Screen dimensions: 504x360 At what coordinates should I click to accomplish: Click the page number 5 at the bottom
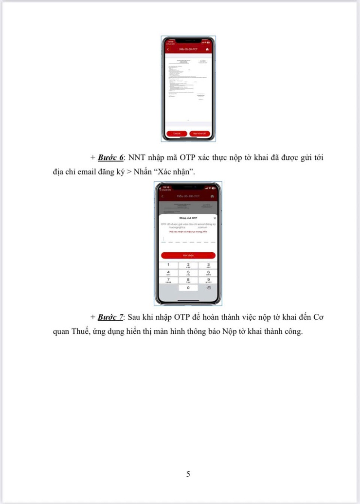coord(188,474)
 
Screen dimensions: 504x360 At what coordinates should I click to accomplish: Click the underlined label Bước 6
coord(111,158)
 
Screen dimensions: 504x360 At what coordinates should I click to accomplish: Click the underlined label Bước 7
coord(111,317)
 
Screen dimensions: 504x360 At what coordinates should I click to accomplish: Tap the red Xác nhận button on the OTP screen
coord(188,255)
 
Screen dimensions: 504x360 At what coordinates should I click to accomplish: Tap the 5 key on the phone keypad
coord(188,273)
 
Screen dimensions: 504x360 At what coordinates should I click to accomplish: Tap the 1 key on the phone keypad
coord(168,264)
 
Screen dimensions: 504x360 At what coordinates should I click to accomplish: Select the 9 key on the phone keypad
coord(208,280)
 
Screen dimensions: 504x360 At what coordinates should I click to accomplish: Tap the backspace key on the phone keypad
coord(208,288)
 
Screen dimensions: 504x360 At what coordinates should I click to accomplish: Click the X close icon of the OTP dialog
coord(215,219)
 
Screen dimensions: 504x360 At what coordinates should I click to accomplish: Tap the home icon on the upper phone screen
coord(207,50)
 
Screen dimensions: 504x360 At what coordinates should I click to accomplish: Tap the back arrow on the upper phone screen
coord(168,50)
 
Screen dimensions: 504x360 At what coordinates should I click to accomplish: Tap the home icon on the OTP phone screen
coord(212,195)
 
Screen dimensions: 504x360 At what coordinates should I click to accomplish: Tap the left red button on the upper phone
coord(177,133)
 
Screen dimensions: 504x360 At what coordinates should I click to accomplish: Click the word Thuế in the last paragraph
coord(79,332)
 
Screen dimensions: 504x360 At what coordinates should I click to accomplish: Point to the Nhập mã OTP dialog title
coord(188,219)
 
